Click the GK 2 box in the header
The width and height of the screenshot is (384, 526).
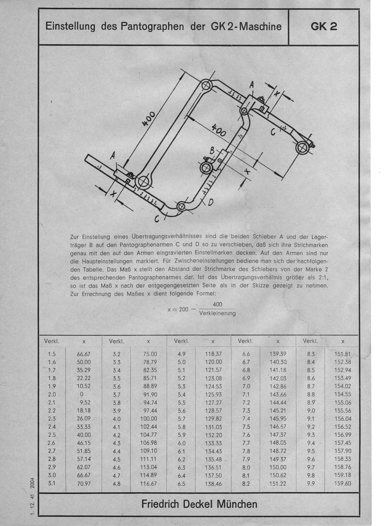pyautogui.click(x=324, y=26)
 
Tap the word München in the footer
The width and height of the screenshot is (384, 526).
pyautogui.click(x=234, y=503)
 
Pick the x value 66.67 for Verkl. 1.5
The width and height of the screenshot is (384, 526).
pyautogui.click(x=84, y=354)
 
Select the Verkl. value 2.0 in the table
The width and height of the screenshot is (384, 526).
pyautogui.click(x=52, y=394)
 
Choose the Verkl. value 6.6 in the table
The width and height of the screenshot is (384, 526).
pyautogui.click(x=247, y=354)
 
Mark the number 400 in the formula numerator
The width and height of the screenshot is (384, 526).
pyautogui.click(x=217, y=304)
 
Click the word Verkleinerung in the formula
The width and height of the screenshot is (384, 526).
pyautogui.click(x=217, y=314)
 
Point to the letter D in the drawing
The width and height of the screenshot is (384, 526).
pyautogui.click(x=210, y=202)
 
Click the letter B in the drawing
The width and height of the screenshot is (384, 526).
pyautogui.click(x=213, y=150)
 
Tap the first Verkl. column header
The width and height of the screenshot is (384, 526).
pyautogui.click(x=52, y=341)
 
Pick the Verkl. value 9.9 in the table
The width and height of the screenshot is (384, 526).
pyautogui.click(x=311, y=483)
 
